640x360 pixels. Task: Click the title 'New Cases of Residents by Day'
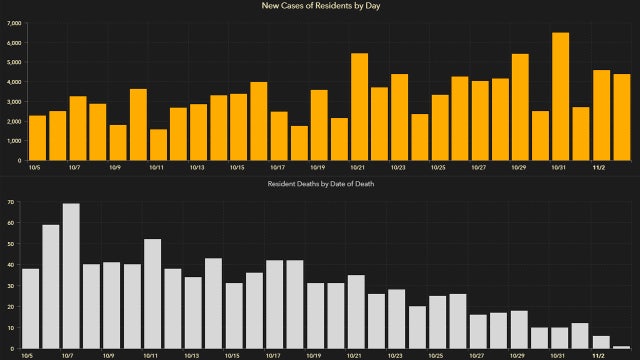[320, 7]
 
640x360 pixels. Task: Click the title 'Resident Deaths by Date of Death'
[320, 186]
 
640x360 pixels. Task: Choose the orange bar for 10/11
[158, 144]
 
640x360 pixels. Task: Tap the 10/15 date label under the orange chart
[236, 168]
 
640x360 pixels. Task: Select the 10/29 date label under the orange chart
[520, 168]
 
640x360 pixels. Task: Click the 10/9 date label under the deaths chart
[109, 355]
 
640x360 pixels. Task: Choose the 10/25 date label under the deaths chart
[437, 355]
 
